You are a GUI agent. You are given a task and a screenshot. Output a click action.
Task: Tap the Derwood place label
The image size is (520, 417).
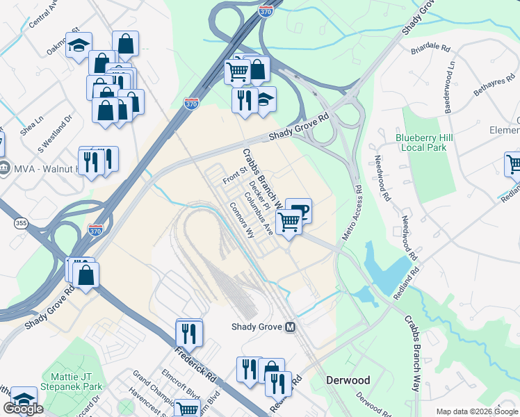click(x=348, y=380)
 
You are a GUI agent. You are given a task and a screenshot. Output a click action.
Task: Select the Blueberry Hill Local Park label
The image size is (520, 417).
click(x=424, y=142)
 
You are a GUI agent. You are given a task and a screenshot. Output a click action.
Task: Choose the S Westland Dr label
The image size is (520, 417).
click(x=56, y=135)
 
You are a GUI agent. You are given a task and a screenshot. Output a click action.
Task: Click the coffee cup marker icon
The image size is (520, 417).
click(x=298, y=210)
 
